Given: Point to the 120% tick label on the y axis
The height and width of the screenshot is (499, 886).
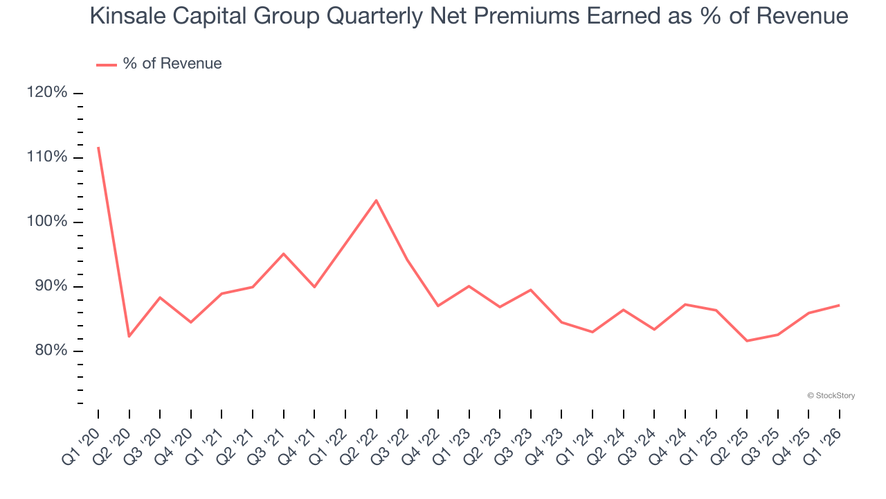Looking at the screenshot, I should pyautogui.click(x=47, y=93).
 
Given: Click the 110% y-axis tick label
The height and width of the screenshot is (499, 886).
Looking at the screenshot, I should pyautogui.click(x=47, y=157).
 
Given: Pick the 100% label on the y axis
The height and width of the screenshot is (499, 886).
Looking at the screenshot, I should pyautogui.click(x=47, y=222).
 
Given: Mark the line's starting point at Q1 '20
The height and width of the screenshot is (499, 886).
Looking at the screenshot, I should pyautogui.click(x=98, y=147).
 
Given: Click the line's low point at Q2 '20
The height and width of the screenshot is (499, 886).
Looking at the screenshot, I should pyautogui.click(x=129, y=336).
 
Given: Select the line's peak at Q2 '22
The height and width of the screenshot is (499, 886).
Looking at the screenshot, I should pyautogui.click(x=376, y=200).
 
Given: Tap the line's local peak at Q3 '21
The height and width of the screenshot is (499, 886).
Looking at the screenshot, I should pyautogui.click(x=283, y=254).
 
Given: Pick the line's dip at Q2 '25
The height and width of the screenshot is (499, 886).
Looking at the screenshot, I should pyautogui.click(x=747, y=341).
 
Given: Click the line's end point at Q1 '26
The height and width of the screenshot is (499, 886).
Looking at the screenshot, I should pyautogui.click(x=840, y=305).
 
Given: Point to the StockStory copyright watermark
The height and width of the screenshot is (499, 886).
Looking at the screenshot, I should pyautogui.click(x=831, y=396).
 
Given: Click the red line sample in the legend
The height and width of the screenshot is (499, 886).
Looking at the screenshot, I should pyautogui.click(x=106, y=64).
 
